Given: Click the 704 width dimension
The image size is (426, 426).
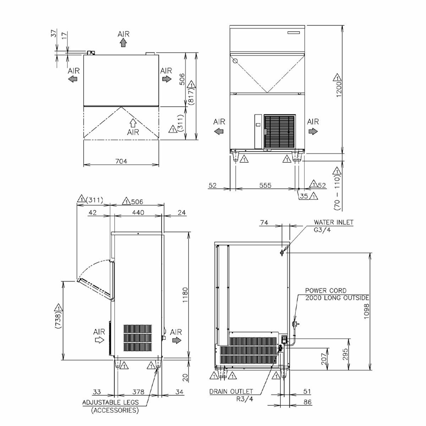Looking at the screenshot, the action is pos(121,162).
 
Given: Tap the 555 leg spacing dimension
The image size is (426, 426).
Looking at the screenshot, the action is pos(265,185).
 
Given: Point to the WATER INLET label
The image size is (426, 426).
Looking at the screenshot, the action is pos(334,222).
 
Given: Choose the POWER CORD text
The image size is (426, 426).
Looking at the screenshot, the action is pos(326,290).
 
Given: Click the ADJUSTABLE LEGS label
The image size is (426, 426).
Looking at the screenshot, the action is pos(110,402).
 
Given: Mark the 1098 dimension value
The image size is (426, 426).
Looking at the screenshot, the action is pos(366,311).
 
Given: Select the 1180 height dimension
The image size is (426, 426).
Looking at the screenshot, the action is pos(185,295).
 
